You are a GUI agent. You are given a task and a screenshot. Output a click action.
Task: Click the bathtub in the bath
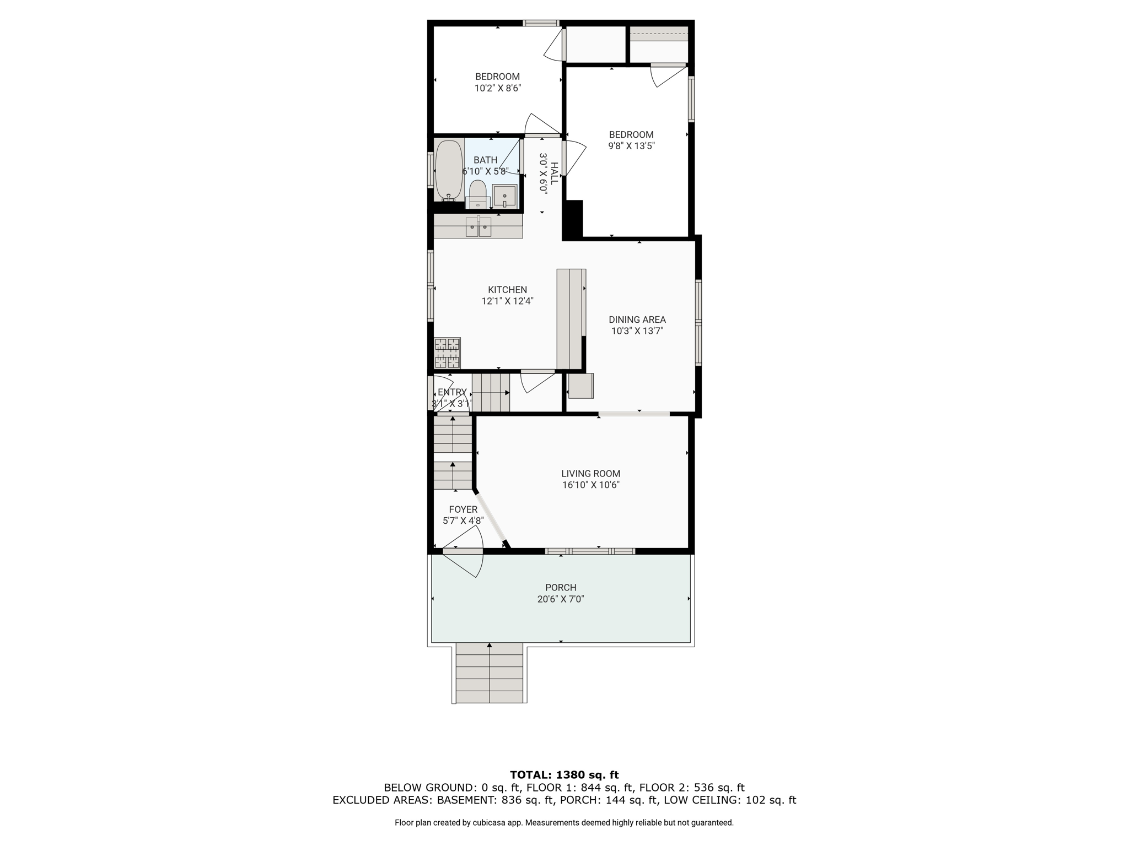point(449,170)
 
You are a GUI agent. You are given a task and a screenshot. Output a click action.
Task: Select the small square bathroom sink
point(504,196)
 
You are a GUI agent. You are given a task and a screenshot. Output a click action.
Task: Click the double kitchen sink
point(479,226)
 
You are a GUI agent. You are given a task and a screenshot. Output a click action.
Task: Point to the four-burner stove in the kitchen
point(447,353)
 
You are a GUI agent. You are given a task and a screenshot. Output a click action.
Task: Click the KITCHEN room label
point(507,290)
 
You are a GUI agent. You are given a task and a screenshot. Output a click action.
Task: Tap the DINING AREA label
point(637,319)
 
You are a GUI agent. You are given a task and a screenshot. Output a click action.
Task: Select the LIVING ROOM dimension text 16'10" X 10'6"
point(591,485)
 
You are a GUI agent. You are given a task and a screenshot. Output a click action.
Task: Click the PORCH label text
point(561,588)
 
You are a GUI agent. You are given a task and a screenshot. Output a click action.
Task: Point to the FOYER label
point(463,509)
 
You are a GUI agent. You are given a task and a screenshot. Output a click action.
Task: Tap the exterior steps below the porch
point(490,673)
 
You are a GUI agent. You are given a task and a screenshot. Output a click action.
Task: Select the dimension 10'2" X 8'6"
point(498,88)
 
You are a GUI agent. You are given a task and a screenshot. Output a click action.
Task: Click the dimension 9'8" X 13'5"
point(631,146)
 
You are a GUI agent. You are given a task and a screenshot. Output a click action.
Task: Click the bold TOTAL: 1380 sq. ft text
point(564,775)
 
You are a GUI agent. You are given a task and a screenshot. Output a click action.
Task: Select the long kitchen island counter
point(571,319)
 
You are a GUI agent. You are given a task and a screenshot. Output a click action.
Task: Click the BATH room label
point(485,160)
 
